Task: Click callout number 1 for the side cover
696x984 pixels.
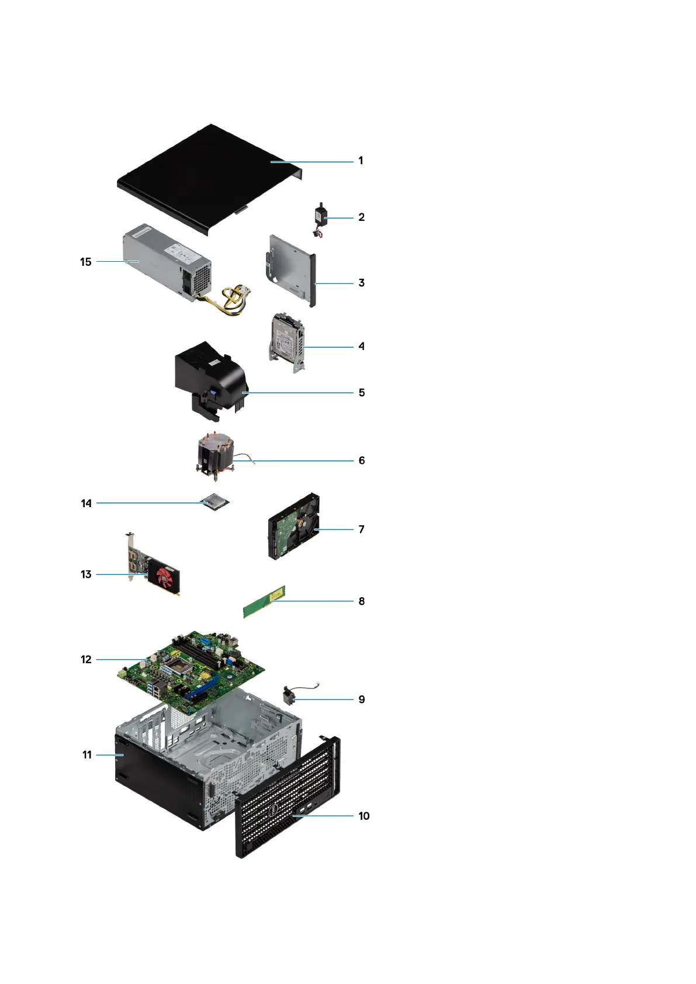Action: click(361, 161)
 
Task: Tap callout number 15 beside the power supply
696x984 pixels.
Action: click(86, 262)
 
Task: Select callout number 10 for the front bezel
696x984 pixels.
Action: click(363, 816)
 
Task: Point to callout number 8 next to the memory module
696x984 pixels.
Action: click(362, 601)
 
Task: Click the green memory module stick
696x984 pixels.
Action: click(264, 602)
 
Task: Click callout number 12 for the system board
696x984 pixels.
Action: click(86, 660)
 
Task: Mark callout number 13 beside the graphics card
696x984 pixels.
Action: click(86, 574)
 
